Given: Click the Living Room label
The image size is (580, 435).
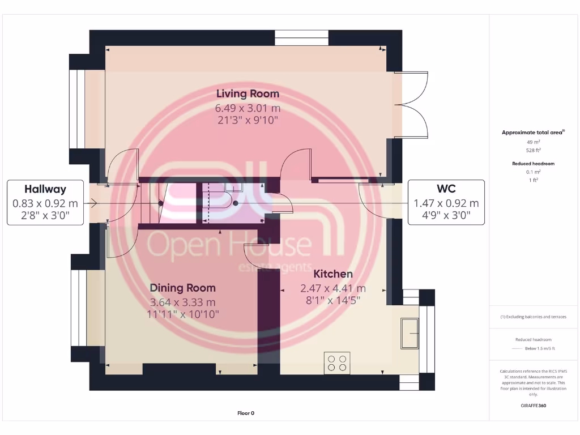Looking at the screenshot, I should pyautogui.click(x=248, y=93).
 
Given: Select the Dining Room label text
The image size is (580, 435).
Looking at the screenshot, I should pyautogui.click(x=182, y=288).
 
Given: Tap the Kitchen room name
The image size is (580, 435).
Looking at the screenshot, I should pyautogui.click(x=333, y=274).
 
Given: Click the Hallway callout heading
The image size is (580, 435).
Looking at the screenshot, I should pyautogui.click(x=45, y=189).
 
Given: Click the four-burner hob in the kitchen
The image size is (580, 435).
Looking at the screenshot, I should pyautogui.click(x=337, y=362).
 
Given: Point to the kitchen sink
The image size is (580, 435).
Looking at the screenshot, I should pyautogui.click(x=409, y=333).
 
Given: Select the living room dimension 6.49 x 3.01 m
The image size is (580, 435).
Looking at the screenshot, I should pyautogui.click(x=248, y=108).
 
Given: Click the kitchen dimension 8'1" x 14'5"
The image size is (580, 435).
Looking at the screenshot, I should pyautogui.click(x=333, y=300).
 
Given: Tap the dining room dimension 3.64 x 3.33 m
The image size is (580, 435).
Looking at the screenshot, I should pyautogui.click(x=182, y=302).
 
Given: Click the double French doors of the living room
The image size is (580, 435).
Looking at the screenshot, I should pyautogui.click(x=411, y=105).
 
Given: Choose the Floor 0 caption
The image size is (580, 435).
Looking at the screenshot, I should pyautogui.click(x=246, y=413).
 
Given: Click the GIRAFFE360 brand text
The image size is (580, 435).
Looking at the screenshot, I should pyautogui.click(x=533, y=406).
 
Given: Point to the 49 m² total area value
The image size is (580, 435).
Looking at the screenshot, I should pyautogui.click(x=533, y=143).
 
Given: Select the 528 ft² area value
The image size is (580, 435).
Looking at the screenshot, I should pyautogui.click(x=533, y=150).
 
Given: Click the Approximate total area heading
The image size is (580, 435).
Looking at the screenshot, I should pyautogui.click(x=533, y=133).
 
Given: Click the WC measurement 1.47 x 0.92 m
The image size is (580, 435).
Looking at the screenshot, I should pyautogui.click(x=446, y=203).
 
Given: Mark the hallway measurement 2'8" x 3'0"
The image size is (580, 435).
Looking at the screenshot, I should pyautogui.click(x=45, y=216).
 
